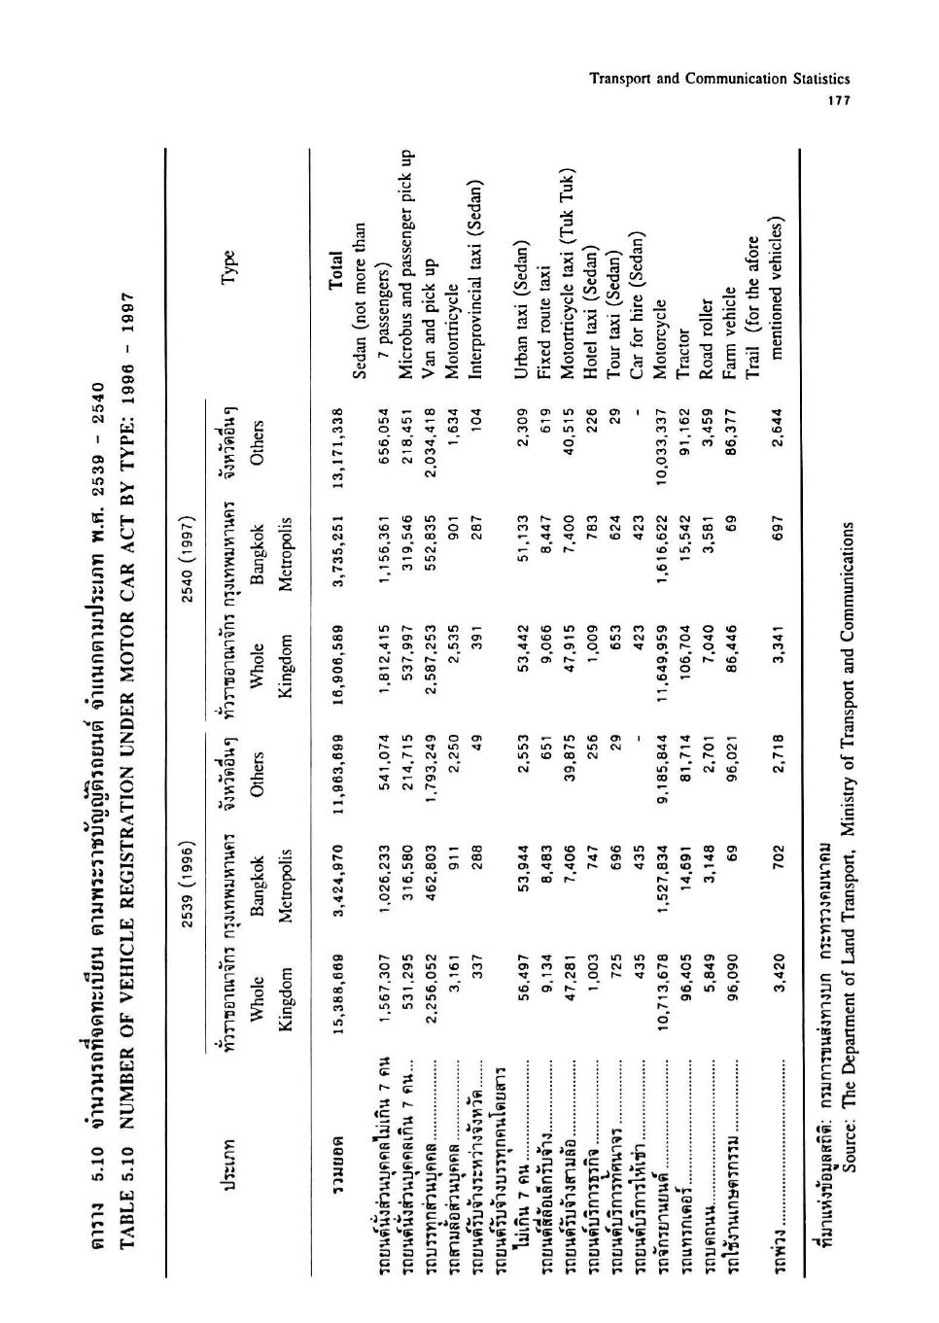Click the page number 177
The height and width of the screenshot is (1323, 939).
click(834, 101)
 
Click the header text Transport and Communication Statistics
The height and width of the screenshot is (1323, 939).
click(720, 79)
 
